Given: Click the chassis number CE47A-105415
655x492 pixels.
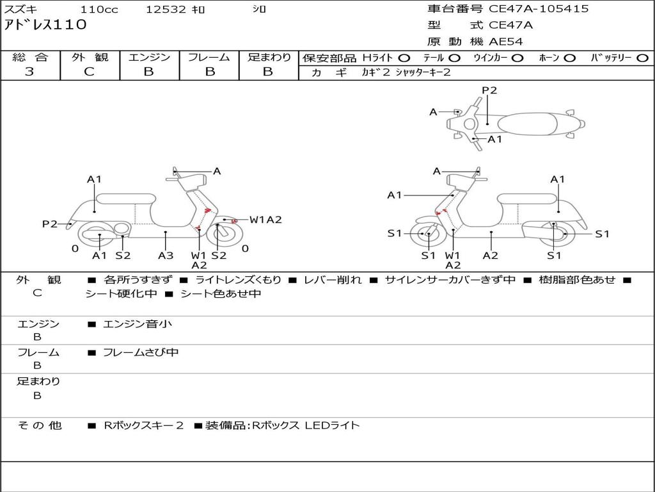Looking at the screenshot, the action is (539, 9).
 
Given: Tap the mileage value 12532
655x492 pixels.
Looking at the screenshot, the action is (166, 9).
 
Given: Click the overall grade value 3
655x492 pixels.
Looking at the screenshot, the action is (29, 71).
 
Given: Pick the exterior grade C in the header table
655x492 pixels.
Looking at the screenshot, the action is (89, 71).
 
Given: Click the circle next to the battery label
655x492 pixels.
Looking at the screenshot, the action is (642, 58).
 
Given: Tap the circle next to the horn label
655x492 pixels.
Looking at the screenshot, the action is (570, 58).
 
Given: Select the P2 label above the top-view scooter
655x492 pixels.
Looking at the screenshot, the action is (489, 90).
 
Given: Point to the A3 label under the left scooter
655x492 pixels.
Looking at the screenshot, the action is (166, 255).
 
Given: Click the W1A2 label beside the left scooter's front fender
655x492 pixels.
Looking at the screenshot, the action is (265, 220).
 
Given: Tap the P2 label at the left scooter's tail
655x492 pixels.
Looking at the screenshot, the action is (50, 224).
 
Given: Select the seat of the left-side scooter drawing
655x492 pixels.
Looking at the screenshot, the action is (126, 199).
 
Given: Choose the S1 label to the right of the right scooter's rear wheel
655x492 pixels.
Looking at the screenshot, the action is (602, 234).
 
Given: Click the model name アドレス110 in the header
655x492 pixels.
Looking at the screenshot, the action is (45, 25).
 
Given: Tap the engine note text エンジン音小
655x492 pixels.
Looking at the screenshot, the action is (137, 324).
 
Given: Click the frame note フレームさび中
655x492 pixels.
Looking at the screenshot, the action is (141, 353).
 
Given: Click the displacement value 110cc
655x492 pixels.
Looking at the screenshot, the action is (99, 9).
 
